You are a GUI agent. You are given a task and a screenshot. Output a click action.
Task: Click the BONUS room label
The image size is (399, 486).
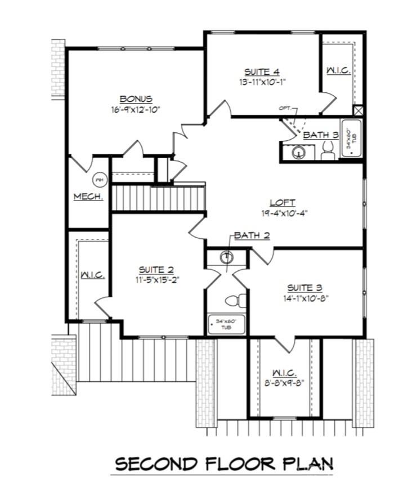click(136, 99)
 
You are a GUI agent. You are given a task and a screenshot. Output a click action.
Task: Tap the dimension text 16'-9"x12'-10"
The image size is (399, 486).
click(136, 109)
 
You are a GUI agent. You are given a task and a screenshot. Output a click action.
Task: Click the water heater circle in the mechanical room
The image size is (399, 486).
click(99, 180)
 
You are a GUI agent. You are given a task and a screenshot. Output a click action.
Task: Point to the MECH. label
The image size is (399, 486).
click(88, 197)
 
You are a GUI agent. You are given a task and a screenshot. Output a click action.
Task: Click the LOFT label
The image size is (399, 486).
click(283, 203)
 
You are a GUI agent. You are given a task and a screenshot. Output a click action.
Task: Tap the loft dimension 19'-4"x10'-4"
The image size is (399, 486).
click(283, 213)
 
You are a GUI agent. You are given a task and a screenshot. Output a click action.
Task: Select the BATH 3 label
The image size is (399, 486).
click(320, 135)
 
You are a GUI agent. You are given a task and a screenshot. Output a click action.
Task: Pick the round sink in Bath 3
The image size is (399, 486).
click(298, 152)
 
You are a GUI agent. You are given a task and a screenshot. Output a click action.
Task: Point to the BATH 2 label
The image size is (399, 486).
click(251, 235)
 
